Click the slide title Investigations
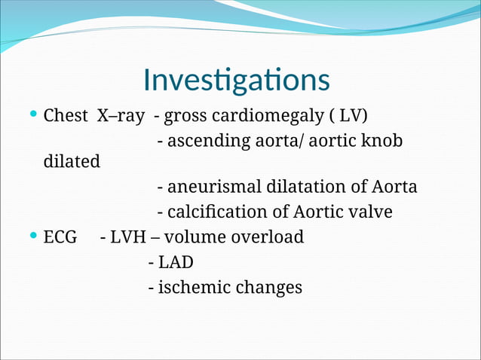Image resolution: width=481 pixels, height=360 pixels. click(236, 80)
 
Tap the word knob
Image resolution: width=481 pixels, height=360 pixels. click(382, 141)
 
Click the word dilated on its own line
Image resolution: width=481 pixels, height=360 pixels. click(72, 162)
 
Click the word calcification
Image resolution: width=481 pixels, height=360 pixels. click(213, 212)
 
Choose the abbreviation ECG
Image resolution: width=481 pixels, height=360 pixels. click(60, 237)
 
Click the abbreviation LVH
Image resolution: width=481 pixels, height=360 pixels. click(128, 237)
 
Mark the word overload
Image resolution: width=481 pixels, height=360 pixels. click(267, 237)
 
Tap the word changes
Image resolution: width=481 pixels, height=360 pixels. click(269, 288)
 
